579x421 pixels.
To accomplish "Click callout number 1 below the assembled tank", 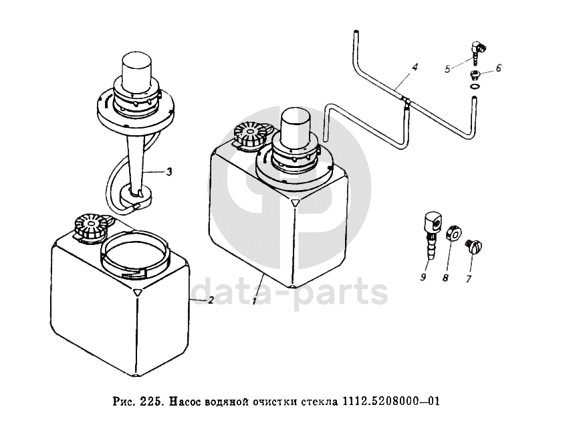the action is pos(255,303).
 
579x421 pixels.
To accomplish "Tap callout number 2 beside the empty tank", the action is pos(211,301).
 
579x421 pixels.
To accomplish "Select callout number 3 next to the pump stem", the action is pos(169,172).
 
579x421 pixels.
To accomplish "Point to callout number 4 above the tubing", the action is pos(415,68).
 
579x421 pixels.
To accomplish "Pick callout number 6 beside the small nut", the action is pos(498,68).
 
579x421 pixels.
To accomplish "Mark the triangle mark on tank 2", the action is pos(137,292).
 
